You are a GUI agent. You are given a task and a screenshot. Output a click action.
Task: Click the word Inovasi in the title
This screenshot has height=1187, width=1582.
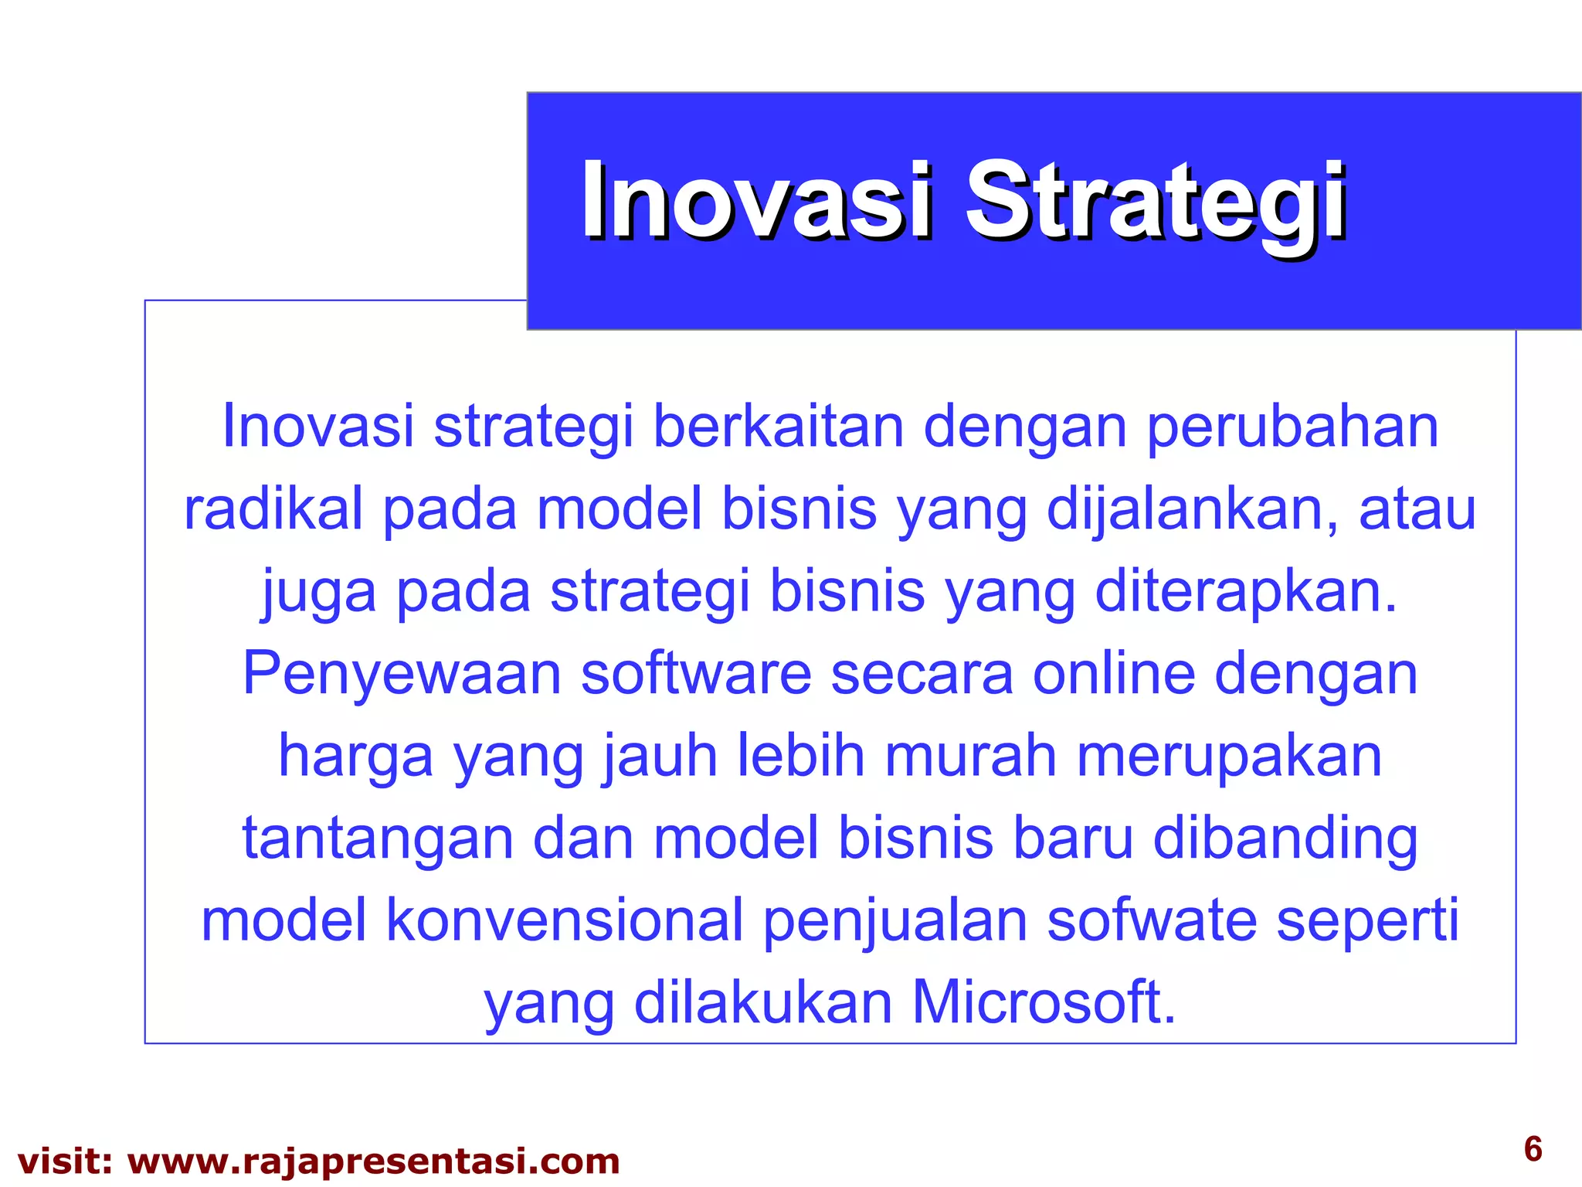tap(757, 201)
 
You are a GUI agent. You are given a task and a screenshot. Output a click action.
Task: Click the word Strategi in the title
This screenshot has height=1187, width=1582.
tap(1156, 201)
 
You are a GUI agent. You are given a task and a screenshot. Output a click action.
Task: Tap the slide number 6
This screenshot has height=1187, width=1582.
tap(1533, 1149)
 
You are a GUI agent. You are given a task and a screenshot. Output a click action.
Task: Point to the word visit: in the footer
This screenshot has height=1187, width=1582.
tap(65, 1161)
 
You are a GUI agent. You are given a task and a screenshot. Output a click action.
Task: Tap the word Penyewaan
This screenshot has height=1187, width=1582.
tap(402, 673)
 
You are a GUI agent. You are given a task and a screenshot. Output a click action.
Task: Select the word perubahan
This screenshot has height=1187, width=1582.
tap(1292, 427)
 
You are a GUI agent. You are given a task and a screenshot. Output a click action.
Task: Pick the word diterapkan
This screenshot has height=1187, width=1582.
tap(1245, 591)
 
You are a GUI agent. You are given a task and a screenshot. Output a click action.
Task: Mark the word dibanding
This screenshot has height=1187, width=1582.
tap(1285, 838)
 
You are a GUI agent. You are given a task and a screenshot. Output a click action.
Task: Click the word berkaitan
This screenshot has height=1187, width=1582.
tap(778, 427)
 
